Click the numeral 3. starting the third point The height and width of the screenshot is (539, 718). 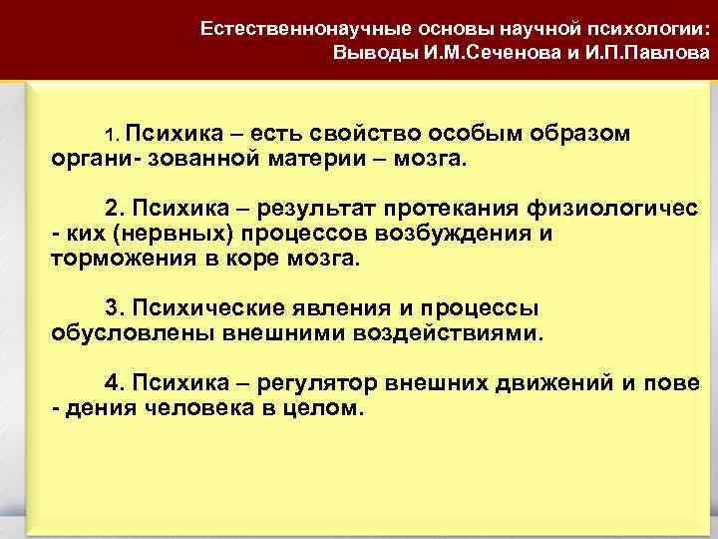(115, 306)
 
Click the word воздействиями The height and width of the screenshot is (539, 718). (460, 331)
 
